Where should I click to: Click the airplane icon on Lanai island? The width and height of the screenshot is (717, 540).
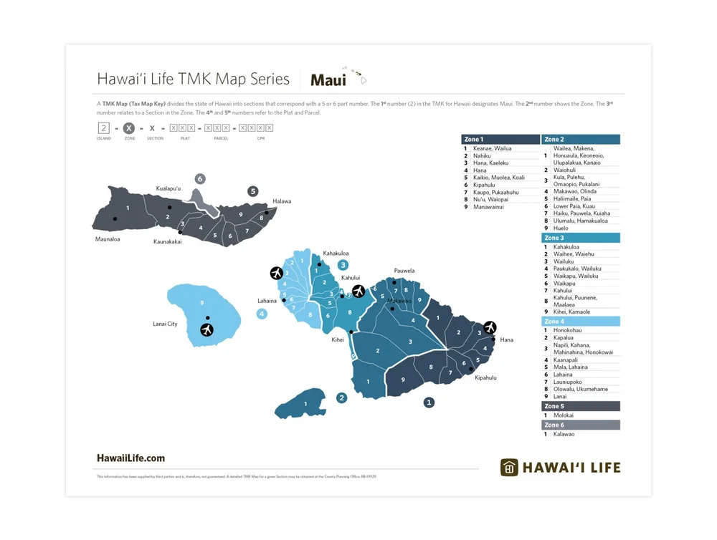tap(207, 329)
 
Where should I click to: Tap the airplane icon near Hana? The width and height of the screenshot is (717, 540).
tap(490, 327)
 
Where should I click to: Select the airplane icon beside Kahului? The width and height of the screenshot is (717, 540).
tap(358, 291)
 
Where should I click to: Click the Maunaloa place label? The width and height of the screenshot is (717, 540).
tap(108, 239)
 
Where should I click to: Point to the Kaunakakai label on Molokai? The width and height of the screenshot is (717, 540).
tap(167, 242)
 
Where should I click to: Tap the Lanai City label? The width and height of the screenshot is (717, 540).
tap(165, 324)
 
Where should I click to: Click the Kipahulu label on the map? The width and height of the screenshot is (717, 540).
tap(485, 377)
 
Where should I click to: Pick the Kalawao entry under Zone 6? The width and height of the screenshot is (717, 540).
tap(564, 434)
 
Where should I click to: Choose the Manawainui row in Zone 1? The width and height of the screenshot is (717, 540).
tap(488, 207)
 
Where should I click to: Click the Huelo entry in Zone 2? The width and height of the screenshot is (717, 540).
tap(561, 228)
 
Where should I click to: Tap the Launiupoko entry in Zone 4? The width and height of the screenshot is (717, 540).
tap(570, 382)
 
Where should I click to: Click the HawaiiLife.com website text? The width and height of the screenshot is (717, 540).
tap(130, 458)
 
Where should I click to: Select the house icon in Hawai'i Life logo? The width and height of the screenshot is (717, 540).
tap(509, 468)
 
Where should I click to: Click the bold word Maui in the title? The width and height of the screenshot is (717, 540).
tap(328, 80)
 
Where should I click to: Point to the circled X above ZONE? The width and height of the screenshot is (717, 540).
tap(128, 128)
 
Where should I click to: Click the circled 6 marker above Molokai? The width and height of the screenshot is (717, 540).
tap(200, 178)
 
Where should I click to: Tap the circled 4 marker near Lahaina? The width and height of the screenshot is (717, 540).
tap(262, 313)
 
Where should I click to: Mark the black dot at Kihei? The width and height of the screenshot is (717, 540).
tap(351, 332)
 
